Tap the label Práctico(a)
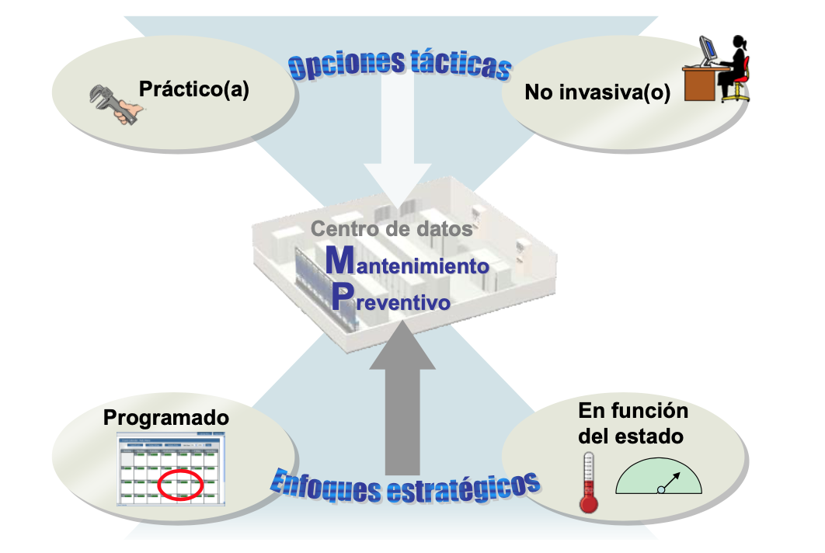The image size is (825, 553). click(193, 89)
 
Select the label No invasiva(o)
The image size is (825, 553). click(597, 92)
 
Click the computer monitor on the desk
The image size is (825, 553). click(708, 50)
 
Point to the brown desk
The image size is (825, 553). click(701, 83)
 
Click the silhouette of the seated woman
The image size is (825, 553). click(733, 66)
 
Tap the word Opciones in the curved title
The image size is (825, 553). click(346, 64)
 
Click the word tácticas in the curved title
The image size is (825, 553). click(461, 64)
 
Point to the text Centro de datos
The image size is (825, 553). click(392, 228)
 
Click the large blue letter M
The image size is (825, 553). click(340, 260)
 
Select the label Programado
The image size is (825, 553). click(166, 418)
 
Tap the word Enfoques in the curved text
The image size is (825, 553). click(326, 488)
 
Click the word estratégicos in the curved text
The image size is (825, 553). click(464, 488)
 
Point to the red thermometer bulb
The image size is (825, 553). click(589, 503)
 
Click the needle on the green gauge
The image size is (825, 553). click(670, 481)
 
